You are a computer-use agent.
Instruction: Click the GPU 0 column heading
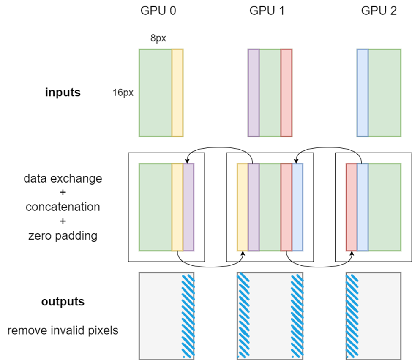(158, 11)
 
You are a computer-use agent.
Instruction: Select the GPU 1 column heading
(267, 11)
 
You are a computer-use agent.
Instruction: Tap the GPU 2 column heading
(379, 11)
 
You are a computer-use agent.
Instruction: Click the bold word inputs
(63, 93)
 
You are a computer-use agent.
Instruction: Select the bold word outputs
(63, 302)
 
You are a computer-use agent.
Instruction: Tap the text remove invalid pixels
(63, 330)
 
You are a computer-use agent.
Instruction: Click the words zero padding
(63, 235)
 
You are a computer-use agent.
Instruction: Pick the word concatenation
(63, 207)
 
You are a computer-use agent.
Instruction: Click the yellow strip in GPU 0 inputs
(177, 93)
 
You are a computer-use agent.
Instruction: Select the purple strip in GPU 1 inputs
(254, 93)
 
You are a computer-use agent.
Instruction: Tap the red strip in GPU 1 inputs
(286, 93)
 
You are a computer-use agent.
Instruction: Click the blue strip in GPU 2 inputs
(363, 93)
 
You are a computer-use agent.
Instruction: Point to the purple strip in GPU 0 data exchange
(188, 207)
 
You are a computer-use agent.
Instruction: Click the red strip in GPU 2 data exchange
(352, 207)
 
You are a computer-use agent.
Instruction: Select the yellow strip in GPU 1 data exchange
(243, 207)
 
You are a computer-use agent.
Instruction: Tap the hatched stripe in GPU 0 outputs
(188, 315)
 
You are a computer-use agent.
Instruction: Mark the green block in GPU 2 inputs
(384, 93)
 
